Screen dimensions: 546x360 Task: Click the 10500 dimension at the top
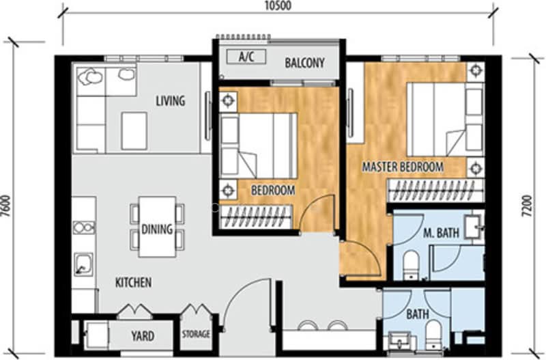pyautogui.click(x=278, y=5)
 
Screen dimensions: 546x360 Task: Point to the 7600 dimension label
pyautogui.click(x=6, y=206)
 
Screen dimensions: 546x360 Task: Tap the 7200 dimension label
pyautogui.click(x=528, y=206)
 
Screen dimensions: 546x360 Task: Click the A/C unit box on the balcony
pyautogui.click(x=246, y=56)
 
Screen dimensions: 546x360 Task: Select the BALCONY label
pyautogui.click(x=304, y=63)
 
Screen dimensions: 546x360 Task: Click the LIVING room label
pyautogui.click(x=170, y=100)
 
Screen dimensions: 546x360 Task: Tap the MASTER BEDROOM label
pyautogui.click(x=403, y=167)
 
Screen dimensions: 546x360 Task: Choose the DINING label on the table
pyautogui.click(x=157, y=229)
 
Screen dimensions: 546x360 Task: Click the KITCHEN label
pyautogui.click(x=133, y=282)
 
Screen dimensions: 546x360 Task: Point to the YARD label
pyautogui.click(x=143, y=336)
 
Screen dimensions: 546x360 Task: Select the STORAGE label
pyautogui.click(x=196, y=334)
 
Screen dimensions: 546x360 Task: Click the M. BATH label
pyautogui.click(x=441, y=232)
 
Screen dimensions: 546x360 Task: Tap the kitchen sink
pyautogui.click(x=83, y=264)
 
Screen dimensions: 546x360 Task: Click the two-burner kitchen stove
pyautogui.click(x=84, y=228)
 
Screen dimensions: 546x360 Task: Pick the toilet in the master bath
pyautogui.click(x=412, y=265)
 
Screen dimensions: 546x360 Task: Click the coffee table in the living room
pyautogui.click(x=134, y=131)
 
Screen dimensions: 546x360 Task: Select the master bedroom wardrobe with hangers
pyautogui.click(x=436, y=191)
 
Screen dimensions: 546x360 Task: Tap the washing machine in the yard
pyautogui.click(x=96, y=335)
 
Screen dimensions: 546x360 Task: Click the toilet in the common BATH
pyautogui.click(x=433, y=335)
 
